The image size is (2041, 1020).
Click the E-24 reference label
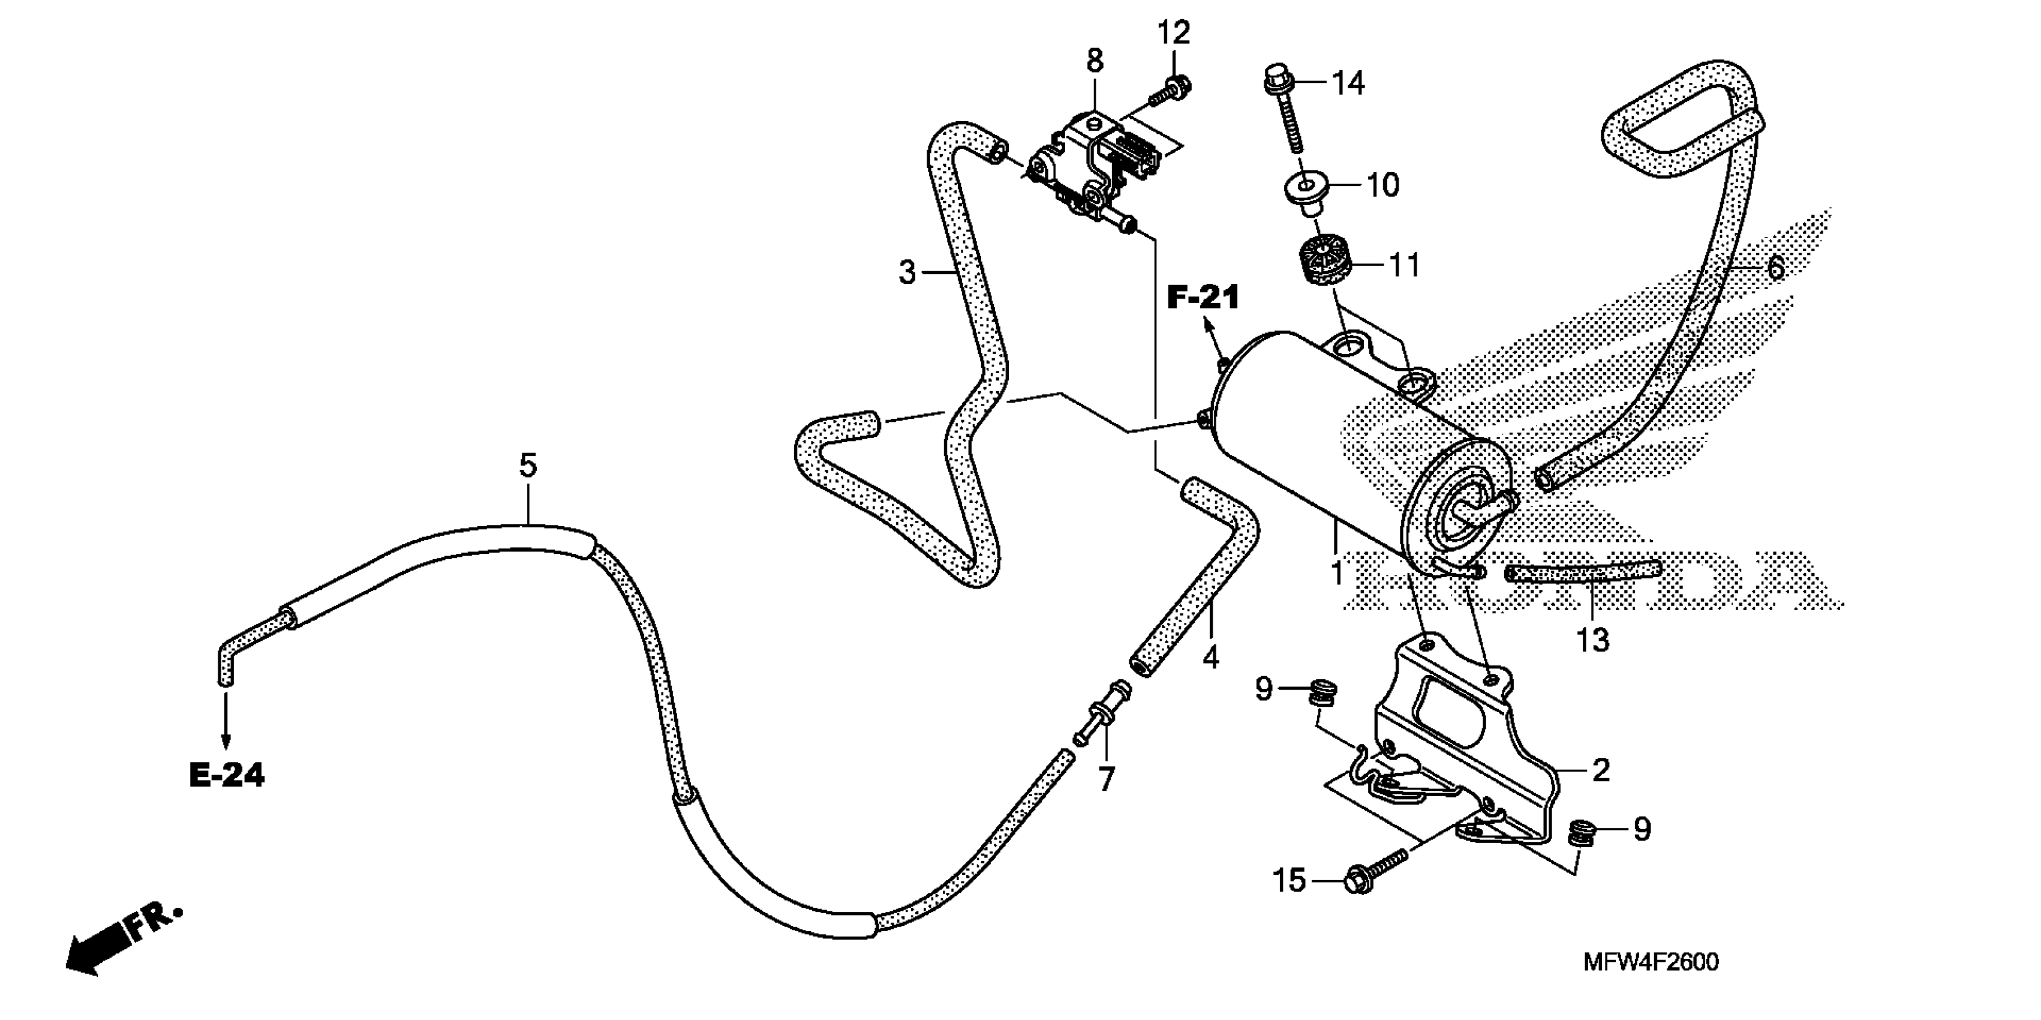coord(227,775)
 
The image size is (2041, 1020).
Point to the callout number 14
coord(1348,82)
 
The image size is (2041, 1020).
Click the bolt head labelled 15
coord(1357,881)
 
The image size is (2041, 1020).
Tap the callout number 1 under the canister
coord(1337,572)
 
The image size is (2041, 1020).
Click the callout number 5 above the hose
coord(528,465)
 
